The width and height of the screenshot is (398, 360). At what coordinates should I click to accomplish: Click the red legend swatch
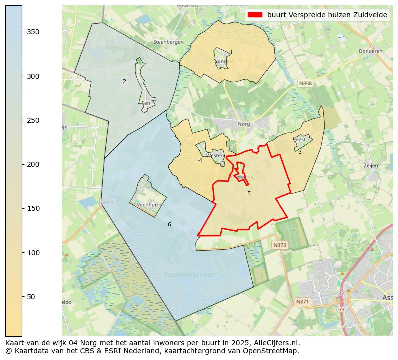(x=255, y=15)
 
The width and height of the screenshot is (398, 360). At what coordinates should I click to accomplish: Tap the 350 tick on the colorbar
(x=22, y=32)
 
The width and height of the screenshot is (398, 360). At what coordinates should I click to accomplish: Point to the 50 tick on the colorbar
(x=22, y=296)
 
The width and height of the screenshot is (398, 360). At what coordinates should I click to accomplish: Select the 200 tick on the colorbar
(x=22, y=164)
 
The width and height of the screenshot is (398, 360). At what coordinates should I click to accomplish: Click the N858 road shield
(x=305, y=83)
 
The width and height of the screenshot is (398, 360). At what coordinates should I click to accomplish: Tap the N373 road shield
(x=279, y=245)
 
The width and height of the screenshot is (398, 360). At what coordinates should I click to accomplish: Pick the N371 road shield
(x=302, y=302)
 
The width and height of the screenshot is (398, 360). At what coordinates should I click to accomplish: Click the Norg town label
(x=243, y=123)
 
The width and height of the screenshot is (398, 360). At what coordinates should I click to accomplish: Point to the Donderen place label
(x=370, y=51)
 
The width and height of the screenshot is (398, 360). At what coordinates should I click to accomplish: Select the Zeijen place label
(x=370, y=165)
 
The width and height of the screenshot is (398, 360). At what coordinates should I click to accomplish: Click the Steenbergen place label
(x=168, y=42)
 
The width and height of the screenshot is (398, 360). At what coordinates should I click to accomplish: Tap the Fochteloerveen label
(x=189, y=274)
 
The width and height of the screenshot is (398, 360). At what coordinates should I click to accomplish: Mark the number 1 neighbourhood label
(x=231, y=52)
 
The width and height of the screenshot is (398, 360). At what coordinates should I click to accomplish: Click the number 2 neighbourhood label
(x=124, y=81)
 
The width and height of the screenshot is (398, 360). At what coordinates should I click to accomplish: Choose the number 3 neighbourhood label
(x=300, y=152)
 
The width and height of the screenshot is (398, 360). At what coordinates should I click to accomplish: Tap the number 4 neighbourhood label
(x=200, y=160)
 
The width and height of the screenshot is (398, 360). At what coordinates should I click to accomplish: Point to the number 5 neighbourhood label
(x=249, y=193)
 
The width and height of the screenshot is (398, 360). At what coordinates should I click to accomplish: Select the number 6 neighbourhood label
(x=169, y=224)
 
